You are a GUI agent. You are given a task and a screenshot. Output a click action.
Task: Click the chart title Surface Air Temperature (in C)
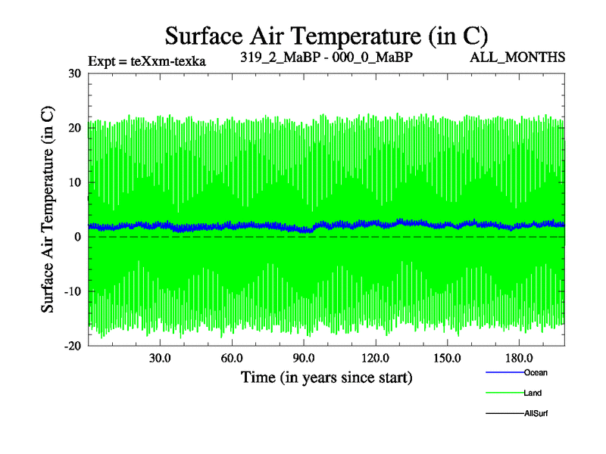(326, 36)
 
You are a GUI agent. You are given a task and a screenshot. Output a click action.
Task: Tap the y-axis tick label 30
(74, 73)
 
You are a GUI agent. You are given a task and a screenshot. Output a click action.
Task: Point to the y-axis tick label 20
(74, 128)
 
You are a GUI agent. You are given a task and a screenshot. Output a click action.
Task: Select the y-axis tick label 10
(74, 182)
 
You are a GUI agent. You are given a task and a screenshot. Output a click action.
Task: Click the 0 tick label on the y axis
(78, 237)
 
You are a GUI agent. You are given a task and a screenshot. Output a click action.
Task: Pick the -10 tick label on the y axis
(73, 291)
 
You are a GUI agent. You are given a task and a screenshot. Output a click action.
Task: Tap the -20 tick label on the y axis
(73, 346)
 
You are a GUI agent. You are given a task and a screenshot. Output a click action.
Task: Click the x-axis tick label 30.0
(160, 358)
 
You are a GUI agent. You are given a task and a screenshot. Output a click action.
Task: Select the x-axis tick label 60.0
(232, 358)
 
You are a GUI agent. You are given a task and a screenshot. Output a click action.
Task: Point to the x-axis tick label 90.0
(304, 358)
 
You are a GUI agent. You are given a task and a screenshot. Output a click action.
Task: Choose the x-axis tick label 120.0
(375, 358)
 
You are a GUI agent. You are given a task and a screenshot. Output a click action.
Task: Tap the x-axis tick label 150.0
(447, 358)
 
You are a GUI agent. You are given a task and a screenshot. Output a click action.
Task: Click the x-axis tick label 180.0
(519, 358)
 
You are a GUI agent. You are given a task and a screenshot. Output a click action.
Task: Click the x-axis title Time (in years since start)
(326, 376)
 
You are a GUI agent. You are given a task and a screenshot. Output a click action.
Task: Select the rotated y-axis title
(47, 210)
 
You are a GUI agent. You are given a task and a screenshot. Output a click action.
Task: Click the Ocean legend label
(536, 372)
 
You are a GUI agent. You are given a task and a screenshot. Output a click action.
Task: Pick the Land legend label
(533, 393)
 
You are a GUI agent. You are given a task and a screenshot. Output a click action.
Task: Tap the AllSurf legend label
(536, 413)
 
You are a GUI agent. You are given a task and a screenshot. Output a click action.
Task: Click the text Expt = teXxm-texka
(147, 60)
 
